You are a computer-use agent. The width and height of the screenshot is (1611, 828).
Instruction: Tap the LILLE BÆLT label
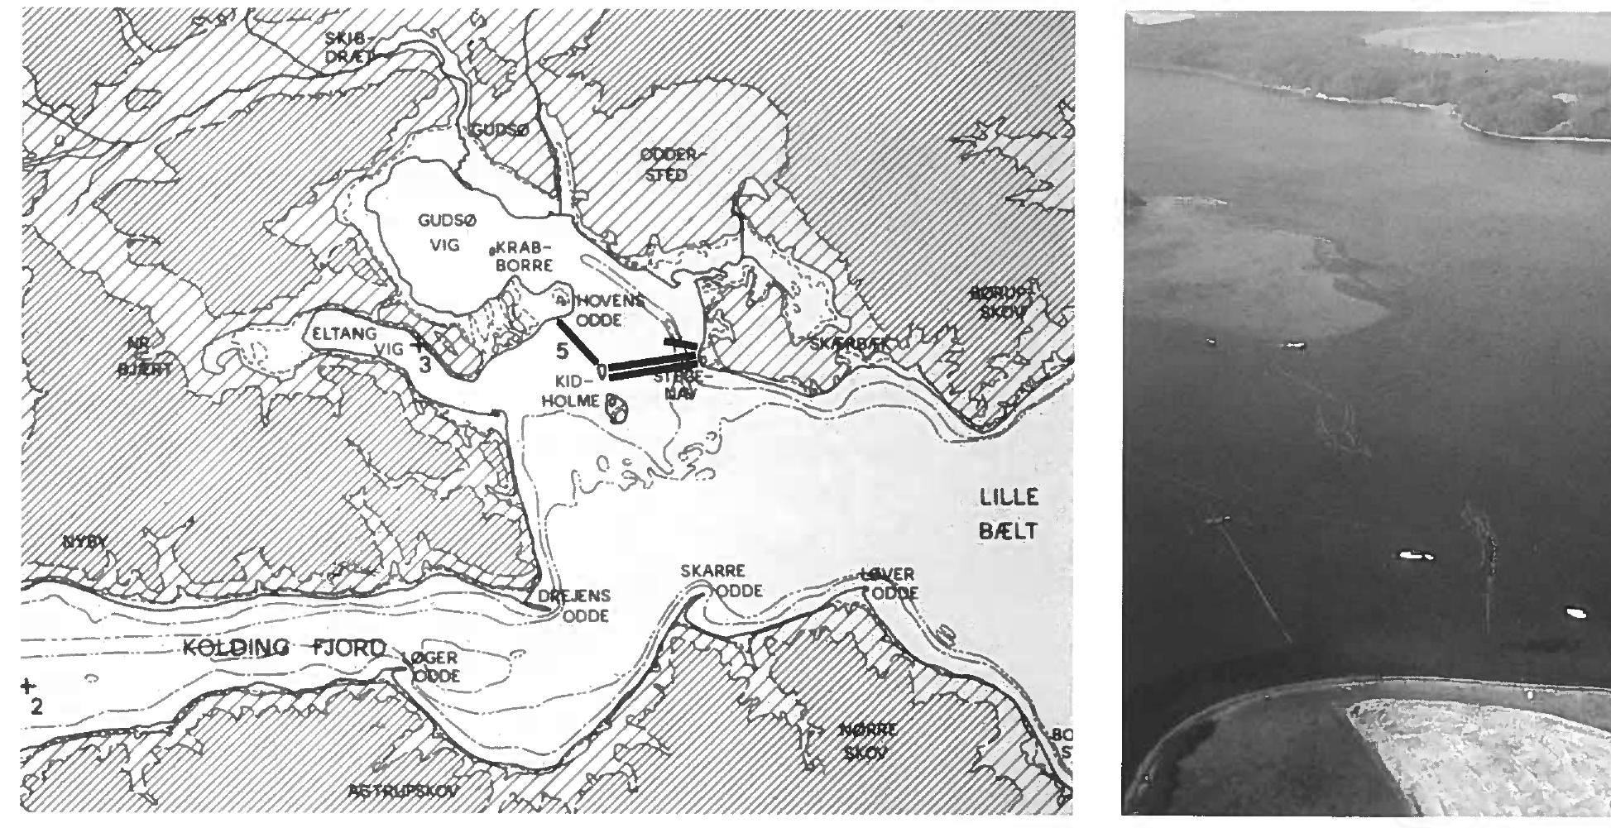1008,515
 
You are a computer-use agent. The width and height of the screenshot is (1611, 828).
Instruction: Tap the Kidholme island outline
616,408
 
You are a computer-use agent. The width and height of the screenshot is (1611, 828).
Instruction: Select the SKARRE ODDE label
720,581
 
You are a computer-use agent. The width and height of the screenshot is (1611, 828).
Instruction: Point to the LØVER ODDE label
889,584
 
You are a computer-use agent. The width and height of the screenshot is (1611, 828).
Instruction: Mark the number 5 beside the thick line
562,351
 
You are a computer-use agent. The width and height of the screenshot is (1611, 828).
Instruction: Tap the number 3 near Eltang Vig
424,364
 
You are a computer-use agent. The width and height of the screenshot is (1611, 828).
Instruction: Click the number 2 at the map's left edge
36,708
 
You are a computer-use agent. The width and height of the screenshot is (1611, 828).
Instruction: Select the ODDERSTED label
671,165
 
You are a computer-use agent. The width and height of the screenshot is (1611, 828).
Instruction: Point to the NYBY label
85,543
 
